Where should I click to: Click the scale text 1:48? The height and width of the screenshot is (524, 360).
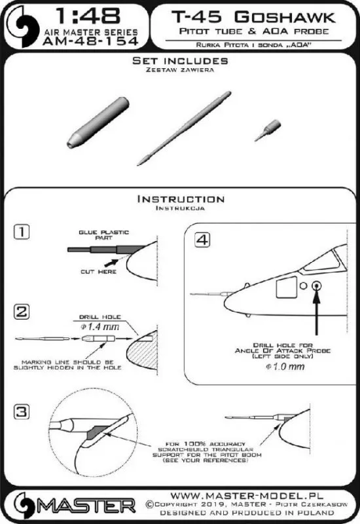point(88,16)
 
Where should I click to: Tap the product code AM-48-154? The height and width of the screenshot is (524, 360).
point(90,41)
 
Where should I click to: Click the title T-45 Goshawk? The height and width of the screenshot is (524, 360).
point(253,17)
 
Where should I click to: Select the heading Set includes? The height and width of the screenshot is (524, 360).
point(180,61)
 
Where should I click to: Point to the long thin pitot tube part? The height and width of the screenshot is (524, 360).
point(184,128)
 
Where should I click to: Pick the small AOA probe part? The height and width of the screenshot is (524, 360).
point(268,130)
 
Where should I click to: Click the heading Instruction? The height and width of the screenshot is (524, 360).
point(181,199)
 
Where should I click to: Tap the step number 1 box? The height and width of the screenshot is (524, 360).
point(22,232)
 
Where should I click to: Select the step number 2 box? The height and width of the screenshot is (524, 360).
point(22,312)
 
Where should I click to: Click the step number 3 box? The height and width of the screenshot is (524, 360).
point(22,412)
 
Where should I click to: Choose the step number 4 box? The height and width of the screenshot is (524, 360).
point(202,240)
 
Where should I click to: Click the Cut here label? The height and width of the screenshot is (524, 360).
point(99,272)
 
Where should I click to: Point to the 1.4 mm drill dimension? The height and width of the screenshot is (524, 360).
point(100,326)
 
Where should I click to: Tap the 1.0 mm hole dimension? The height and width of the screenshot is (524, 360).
point(285,367)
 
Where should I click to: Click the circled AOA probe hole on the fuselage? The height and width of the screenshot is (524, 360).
point(316,286)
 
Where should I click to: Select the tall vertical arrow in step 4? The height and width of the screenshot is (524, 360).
point(316,313)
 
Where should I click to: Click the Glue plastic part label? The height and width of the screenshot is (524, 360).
point(103,235)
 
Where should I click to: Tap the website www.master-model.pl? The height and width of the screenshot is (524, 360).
point(247,495)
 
